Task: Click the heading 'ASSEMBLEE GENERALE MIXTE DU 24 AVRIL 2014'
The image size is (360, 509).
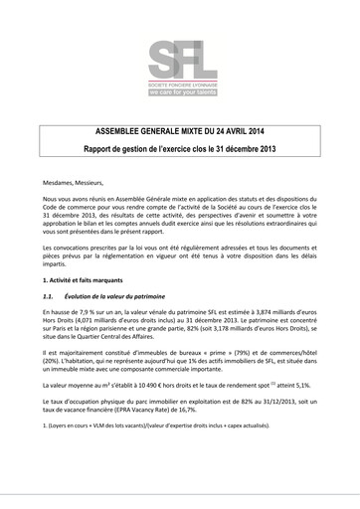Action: [180, 131]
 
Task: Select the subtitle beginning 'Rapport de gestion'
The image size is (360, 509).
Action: [180, 148]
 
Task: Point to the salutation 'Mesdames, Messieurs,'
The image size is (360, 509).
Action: [77, 182]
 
